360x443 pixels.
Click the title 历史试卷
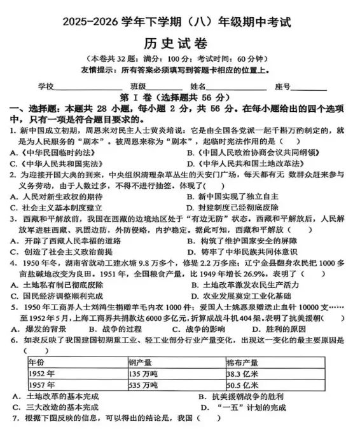[x=180, y=43]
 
